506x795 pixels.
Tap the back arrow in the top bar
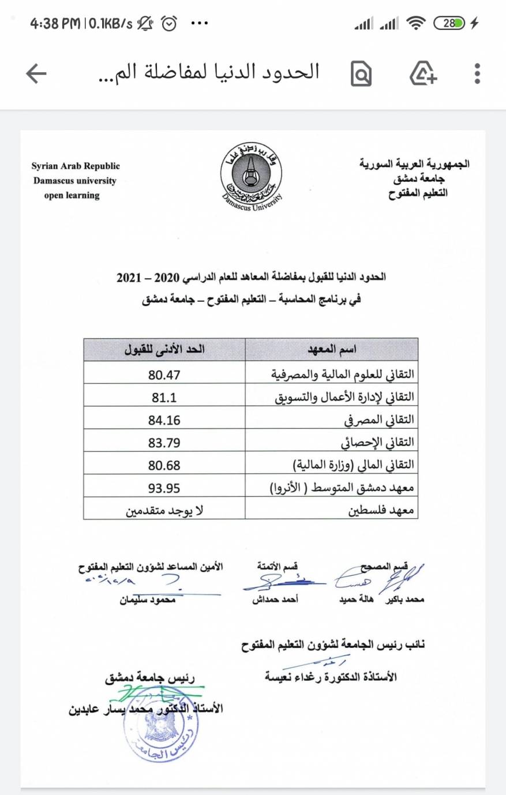point(36,73)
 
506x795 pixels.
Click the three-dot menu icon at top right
point(477,73)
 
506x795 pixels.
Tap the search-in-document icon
point(361,74)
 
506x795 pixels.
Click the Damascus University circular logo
point(251,175)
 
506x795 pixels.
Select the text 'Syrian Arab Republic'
point(76,166)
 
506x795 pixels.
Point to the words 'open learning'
point(72,196)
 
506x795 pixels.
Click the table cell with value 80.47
point(164,375)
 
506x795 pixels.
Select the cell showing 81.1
point(164,397)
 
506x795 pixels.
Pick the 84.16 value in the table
point(164,420)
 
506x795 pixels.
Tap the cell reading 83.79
point(164,442)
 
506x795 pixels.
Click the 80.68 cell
point(164,465)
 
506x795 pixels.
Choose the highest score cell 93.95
point(164,488)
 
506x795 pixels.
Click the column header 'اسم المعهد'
point(332,350)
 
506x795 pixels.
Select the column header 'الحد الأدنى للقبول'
point(164,350)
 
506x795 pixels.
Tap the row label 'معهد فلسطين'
point(381,511)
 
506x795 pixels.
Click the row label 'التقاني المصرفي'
point(379,420)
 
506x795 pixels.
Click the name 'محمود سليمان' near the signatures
point(147,600)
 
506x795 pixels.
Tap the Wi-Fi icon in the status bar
point(415,24)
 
